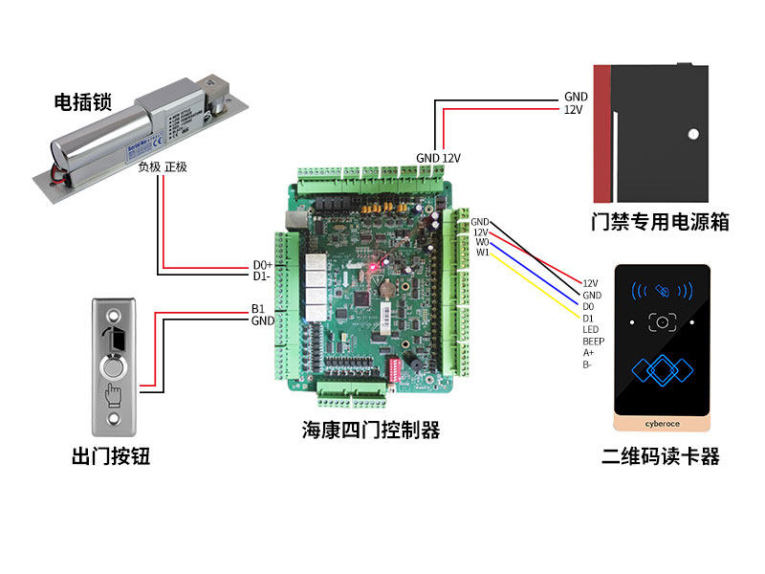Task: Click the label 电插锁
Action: pos(79,101)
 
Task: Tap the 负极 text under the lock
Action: pos(150,166)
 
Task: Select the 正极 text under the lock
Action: pos(176,166)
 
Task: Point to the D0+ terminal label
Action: pos(262,265)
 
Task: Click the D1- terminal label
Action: pos(262,276)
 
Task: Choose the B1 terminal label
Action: pos(257,309)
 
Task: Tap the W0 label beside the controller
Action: pos(482,242)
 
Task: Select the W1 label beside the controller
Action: pos(482,253)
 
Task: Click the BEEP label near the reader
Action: pos(593,341)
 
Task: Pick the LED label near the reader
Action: pos(590,329)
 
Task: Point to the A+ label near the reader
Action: pos(588,352)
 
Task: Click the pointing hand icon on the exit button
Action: pos(115,392)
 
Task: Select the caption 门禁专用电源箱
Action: pos(661,222)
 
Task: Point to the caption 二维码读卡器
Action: pos(661,456)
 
